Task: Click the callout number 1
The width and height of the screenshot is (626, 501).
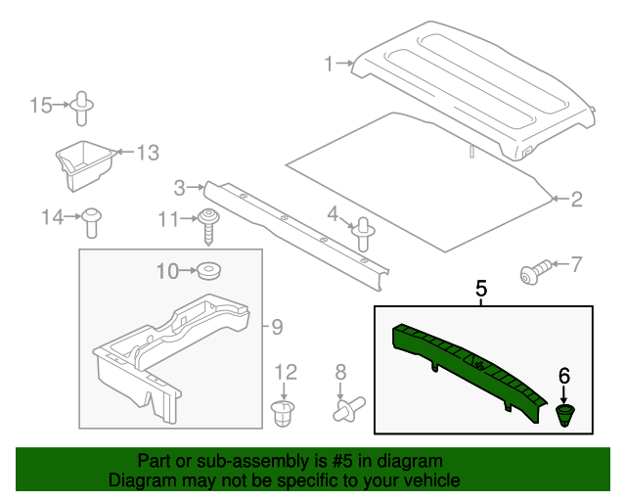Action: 330,65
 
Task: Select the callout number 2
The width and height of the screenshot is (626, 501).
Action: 576,200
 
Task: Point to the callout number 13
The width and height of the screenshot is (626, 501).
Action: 146,152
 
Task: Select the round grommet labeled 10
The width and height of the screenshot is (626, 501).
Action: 208,270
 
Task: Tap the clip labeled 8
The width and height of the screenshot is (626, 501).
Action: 347,408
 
